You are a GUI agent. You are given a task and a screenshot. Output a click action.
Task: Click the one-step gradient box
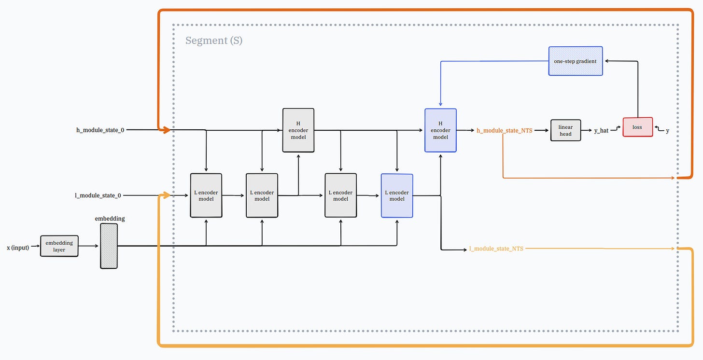point(576,61)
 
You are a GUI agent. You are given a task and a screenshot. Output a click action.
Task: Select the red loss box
point(638,127)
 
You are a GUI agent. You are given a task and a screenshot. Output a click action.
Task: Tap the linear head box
point(565,130)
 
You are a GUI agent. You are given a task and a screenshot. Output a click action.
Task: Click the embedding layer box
point(59,246)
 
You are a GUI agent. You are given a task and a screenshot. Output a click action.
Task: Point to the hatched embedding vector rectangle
point(109,246)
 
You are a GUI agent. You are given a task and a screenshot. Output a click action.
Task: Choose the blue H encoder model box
point(440,130)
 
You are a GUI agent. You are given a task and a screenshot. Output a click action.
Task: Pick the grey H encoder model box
point(298,130)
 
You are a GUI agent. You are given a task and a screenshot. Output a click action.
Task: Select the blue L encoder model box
point(397,195)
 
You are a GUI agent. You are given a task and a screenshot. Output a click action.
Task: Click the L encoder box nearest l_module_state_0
point(206,195)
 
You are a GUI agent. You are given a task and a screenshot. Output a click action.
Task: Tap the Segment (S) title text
point(214,41)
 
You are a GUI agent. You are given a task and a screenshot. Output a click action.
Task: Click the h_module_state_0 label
point(100,130)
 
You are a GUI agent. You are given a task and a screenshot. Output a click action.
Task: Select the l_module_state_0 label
point(98,195)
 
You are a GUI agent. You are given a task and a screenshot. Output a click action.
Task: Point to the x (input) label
point(18,248)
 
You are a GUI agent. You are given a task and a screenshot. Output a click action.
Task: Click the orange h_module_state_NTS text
point(505,130)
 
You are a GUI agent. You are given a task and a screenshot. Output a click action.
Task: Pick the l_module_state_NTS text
point(496,249)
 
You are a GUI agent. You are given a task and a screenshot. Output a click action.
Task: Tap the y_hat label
point(601,130)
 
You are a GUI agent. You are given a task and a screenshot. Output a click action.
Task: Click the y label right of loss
point(668,131)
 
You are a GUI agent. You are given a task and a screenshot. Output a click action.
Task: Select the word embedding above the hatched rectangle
point(110,219)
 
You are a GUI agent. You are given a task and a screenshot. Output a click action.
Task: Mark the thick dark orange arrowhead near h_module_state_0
point(166,130)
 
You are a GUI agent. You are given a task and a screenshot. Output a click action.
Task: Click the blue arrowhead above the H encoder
point(441,104)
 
